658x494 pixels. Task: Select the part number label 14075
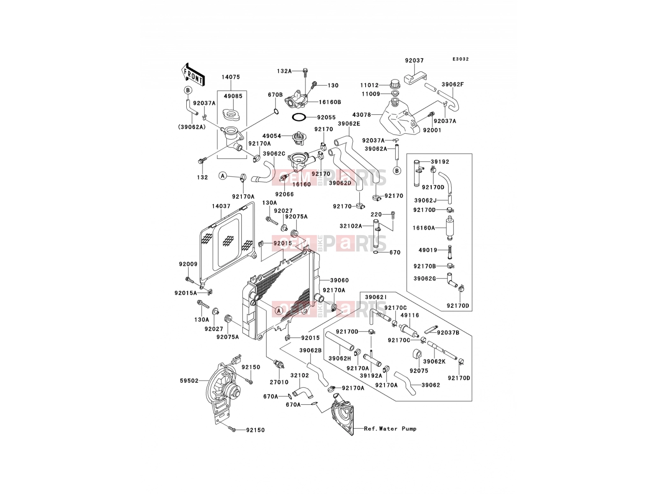point(231,77)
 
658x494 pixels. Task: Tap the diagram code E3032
point(461,59)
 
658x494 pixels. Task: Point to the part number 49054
point(271,136)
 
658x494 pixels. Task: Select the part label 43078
point(361,115)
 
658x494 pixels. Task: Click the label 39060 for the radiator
point(339,280)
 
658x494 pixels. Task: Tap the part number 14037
point(221,206)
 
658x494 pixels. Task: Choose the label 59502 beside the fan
point(189,381)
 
